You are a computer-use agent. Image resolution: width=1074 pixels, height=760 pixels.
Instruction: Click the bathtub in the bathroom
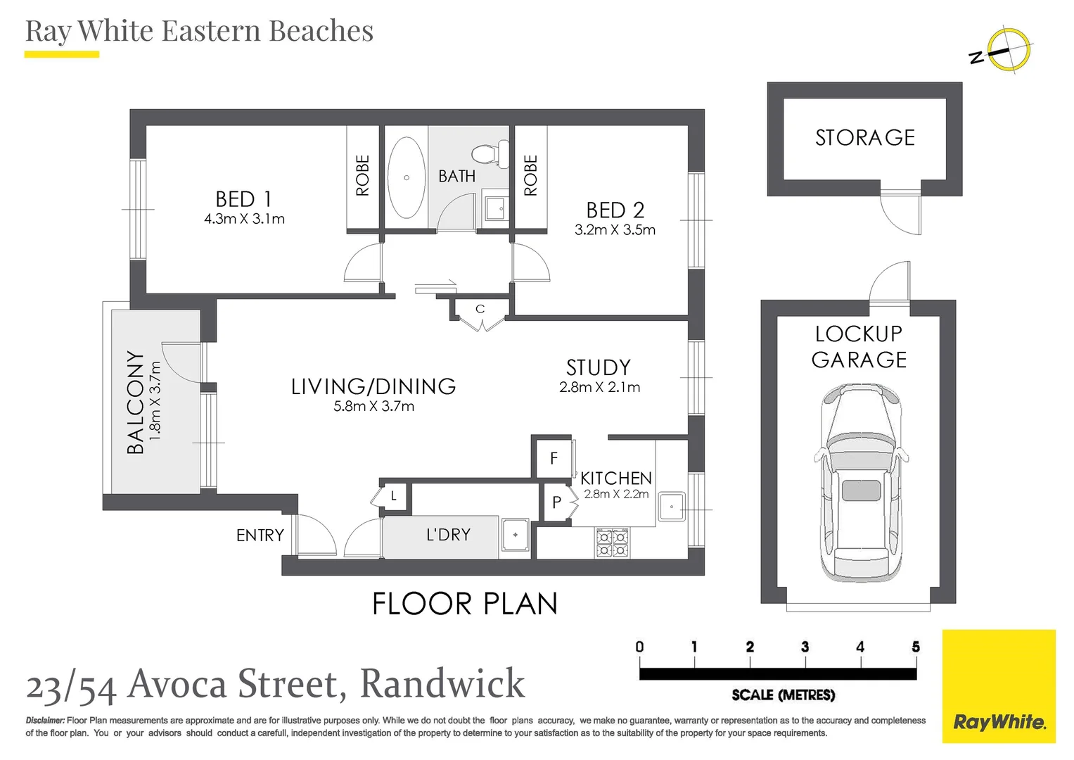406,177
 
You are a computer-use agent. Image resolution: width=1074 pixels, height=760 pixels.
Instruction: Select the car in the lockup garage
861,483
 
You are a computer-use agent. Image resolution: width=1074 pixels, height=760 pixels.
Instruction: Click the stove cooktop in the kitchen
613,543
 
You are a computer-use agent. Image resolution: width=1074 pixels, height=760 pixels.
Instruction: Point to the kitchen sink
672,506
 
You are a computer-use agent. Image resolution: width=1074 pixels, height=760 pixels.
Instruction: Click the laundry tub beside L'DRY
515,535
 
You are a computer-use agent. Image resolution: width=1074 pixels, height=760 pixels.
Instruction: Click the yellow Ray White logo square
999,686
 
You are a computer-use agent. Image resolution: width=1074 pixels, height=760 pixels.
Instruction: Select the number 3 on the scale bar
805,647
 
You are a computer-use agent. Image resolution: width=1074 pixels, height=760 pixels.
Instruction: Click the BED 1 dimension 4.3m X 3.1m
245,219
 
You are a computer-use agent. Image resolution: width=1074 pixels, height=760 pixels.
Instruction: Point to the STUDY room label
599,367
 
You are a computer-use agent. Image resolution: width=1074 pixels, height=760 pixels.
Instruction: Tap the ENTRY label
260,535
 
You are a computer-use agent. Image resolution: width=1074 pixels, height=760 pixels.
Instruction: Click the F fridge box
554,458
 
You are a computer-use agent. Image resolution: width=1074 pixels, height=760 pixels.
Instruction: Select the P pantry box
556,502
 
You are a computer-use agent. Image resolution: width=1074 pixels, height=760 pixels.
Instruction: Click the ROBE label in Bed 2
530,175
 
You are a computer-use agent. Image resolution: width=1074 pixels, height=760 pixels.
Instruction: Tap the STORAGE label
865,138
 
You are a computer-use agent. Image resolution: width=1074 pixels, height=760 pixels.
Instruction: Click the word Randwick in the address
442,683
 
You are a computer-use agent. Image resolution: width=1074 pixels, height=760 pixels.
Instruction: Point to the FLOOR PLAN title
465,604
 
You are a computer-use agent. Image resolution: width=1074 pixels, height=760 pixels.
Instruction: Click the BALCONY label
135,402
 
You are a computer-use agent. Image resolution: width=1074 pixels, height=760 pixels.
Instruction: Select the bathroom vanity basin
495,208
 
